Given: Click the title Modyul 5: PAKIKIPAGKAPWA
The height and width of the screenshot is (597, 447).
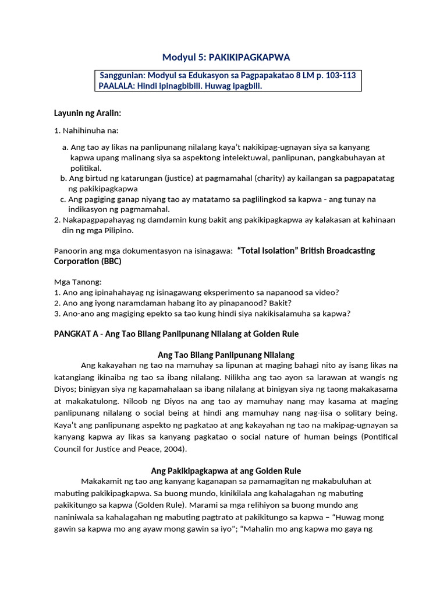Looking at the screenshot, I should [x=225, y=57].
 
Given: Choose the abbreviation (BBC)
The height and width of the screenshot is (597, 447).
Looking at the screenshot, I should [x=110, y=261].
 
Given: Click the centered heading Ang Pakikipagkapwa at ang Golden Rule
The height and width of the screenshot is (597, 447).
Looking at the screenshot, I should [x=226, y=470].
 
